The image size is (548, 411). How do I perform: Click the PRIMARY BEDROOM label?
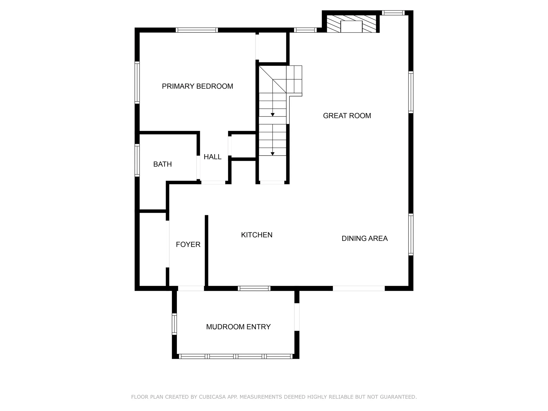197,86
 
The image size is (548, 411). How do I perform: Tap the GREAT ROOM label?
347,116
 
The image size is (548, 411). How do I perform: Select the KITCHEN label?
257,235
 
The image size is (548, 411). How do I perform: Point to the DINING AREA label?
364,238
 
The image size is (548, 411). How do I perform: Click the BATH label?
162,164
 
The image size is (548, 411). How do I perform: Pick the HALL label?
212,157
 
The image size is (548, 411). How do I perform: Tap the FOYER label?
188,244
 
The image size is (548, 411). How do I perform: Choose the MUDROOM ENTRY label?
238,327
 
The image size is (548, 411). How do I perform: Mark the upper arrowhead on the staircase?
273,115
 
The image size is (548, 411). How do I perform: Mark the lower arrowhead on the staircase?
273,154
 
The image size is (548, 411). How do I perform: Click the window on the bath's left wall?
137,160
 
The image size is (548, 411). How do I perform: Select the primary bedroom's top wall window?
197,30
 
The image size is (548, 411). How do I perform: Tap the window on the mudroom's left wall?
174,324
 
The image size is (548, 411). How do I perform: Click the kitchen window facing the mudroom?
254,288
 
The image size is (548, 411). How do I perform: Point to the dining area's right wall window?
411,234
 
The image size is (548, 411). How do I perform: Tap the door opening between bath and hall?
198,167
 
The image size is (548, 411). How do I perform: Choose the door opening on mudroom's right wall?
297,317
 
